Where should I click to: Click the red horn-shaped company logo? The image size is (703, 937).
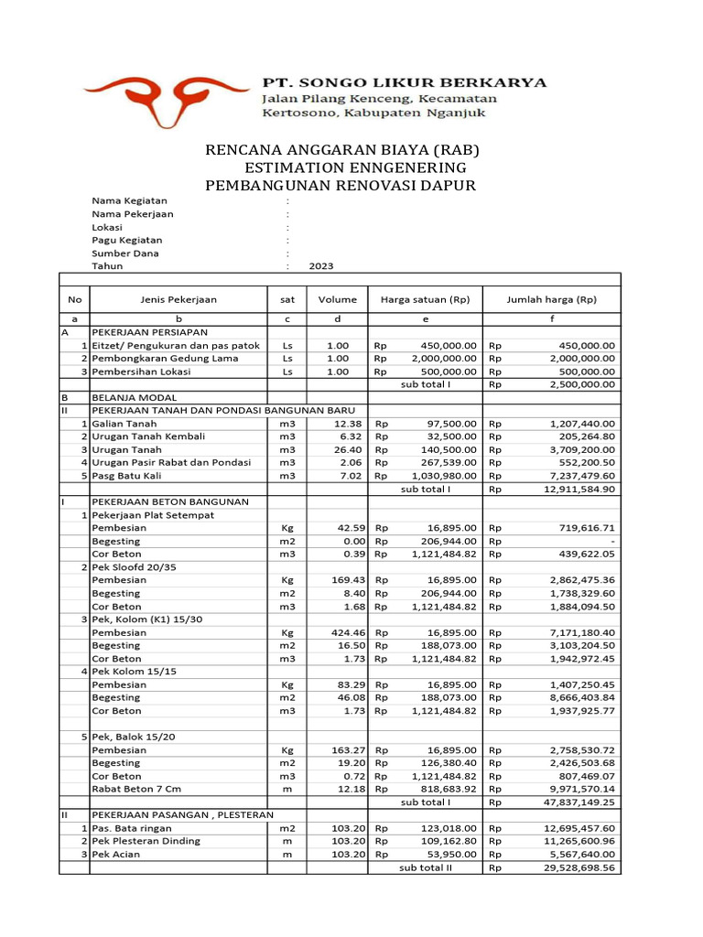pyautogui.click(x=165, y=97)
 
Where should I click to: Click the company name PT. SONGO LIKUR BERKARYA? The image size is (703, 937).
pyautogui.click(x=405, y=82)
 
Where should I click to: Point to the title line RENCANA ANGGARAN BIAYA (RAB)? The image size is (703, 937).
pyautogui.click(x=341, y=150)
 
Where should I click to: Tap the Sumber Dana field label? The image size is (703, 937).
pyautogui.click(x=124, y=253)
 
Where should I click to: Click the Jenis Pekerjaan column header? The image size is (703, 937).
pyautogui.click(x=178, y=299)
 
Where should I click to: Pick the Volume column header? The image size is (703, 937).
pyautogui.click(x=337, y=299)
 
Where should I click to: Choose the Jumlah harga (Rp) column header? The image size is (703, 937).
pyautogui.click(x=551, y=299)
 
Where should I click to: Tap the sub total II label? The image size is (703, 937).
pyautogui.click(x=426, y=867)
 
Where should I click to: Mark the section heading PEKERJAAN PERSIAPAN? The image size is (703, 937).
pyautogui.click(x=149, y=332)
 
